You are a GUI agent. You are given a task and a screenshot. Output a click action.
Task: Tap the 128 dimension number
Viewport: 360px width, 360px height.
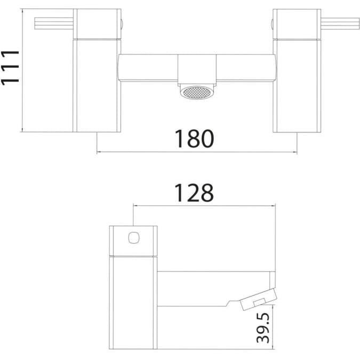click(194, 193)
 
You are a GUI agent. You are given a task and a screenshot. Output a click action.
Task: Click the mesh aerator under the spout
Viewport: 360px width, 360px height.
click(197, 93)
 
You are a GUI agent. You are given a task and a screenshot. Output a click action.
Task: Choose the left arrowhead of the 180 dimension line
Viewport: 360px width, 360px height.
click(99, 153)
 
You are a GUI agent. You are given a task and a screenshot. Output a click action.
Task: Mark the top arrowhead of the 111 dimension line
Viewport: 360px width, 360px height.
click(23, 11)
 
